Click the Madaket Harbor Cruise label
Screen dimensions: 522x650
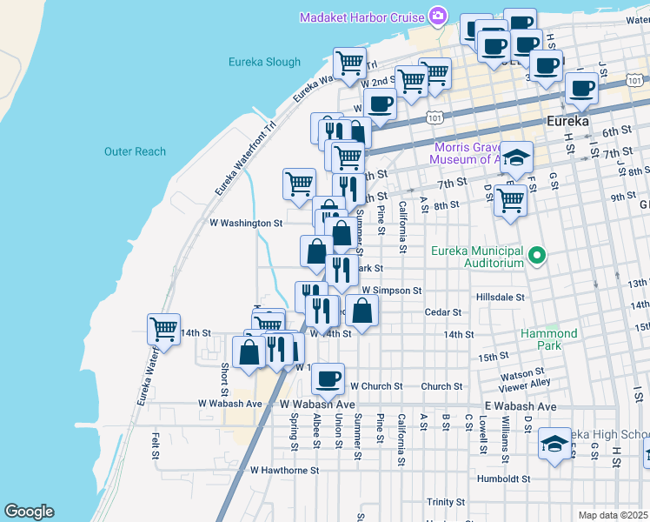point(361,17)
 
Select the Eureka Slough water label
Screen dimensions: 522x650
point(264,62)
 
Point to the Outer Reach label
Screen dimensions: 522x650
point(135,151)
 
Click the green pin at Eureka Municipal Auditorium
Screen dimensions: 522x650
point(536,256)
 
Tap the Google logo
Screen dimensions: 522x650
point(29,512)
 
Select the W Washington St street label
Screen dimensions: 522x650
point(247,223)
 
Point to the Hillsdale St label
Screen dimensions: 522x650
point(501,297)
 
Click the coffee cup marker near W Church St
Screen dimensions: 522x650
point(328,378)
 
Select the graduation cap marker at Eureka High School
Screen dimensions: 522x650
point(554,444)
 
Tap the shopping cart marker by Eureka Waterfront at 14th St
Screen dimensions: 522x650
point(163,329)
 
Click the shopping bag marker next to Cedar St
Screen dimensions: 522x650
point(364,311)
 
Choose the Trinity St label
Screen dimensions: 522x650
point(447,502)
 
